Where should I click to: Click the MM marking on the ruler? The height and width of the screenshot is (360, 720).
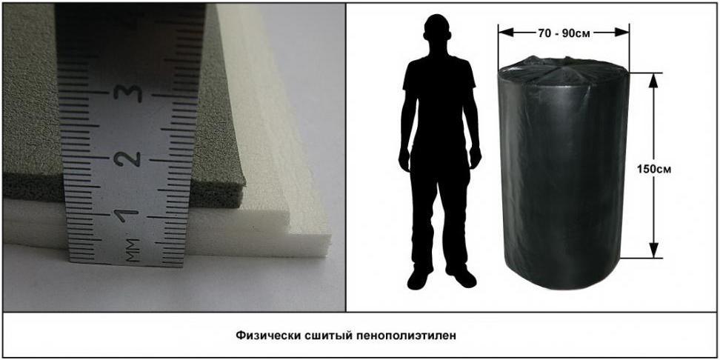[x=133, y=250]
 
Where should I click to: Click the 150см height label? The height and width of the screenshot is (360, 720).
[x=654, y=169]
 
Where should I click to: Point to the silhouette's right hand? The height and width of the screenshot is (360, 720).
[x=404, y=159]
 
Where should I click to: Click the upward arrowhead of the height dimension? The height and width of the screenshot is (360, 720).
[x=654, y=80]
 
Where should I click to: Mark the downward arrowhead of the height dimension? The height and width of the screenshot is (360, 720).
[x=654, y=250]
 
